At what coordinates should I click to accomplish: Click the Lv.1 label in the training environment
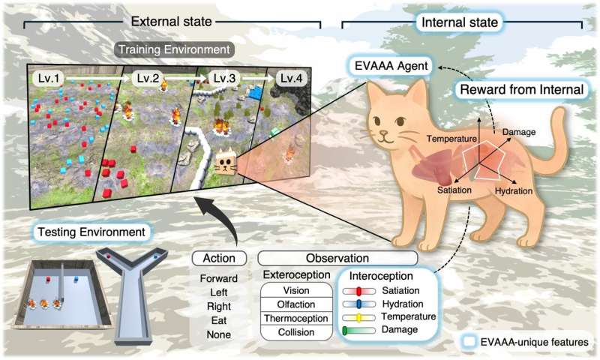coord(49,79)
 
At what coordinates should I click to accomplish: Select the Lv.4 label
coord(291,79)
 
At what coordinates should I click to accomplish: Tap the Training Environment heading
coord(174,49)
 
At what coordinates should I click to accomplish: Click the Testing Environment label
coord(91,232)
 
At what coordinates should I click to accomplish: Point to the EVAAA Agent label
coord(391,66)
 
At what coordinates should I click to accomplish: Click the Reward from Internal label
coord(521,89)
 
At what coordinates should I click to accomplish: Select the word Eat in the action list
coord(219,320)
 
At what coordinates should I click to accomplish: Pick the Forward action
coord(219,278)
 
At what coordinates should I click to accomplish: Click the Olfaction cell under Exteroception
coord(296,304)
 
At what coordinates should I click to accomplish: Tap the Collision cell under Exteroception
coord(296,332)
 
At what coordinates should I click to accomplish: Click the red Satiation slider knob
coord(358,292)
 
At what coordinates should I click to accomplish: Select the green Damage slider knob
coord(345,331)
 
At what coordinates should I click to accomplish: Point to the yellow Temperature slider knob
coord(359,318)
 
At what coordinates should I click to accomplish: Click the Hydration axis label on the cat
coord(514,191)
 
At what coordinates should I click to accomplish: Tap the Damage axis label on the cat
coord(519,132)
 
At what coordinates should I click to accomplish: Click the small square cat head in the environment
coord(226,162)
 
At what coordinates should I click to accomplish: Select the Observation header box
coord(337,258)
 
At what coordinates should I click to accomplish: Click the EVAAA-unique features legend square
coord(469,342)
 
